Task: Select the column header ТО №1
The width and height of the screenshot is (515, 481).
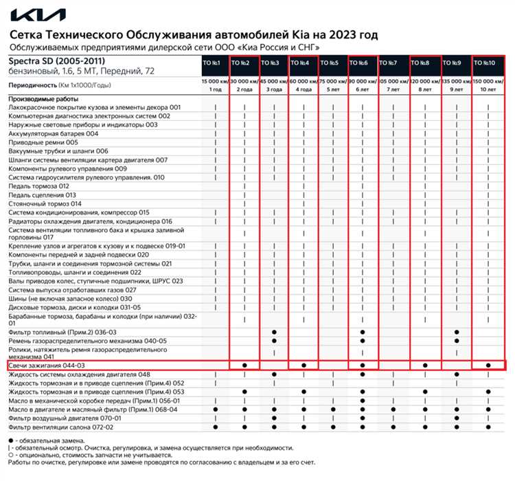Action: click(x=211, y=63)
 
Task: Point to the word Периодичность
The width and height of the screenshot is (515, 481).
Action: click(x=33, y=85)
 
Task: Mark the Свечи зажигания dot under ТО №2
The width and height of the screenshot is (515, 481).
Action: click(x=244, y=366)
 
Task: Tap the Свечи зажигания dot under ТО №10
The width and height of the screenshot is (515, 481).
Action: click(x=488, y=366)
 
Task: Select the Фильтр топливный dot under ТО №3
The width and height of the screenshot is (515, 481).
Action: click(x=274, y=332)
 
